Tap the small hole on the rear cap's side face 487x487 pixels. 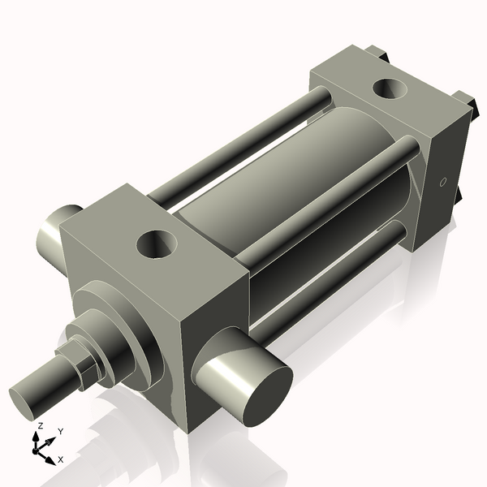tap(442, 182)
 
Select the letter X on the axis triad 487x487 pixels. tap(61, 459)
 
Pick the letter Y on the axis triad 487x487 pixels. tap(60, 432)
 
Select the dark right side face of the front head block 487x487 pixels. tap(215, 325)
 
